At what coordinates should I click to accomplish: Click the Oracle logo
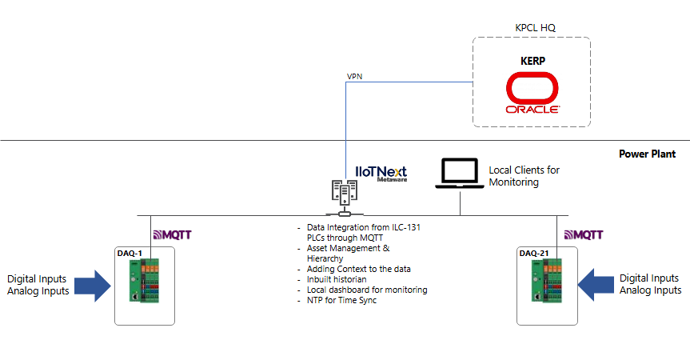click(532, 94)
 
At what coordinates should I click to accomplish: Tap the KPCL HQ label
click(535, 27)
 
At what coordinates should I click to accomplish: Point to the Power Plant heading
click(647, 154)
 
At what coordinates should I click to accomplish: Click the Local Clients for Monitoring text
click(524, 176)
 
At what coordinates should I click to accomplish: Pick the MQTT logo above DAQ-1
click(171, 235)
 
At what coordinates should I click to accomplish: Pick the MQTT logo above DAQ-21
click(584, 235)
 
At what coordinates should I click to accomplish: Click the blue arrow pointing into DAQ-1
click(93, 285)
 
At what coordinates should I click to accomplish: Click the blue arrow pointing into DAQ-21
click(596, 285)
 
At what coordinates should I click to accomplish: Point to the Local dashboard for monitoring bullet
click(367, 290)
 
